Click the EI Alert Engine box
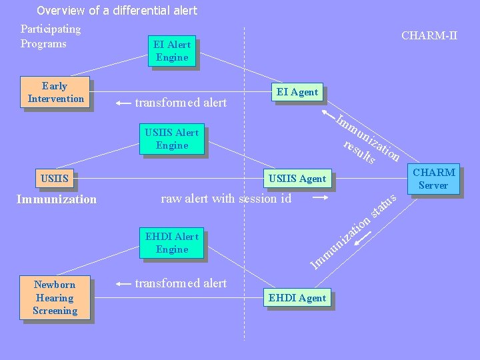pyautogui.click(x=172, y=51)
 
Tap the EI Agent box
pyautogui.click(x=297, y=92)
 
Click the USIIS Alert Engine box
pyautogui.click(x=172, y=139)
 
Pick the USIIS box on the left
pyautogui.click(x=55, y=178)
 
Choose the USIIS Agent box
pyautogui.click(x=297, y=178)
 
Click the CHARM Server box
pyautogui.click(x=434, y=179)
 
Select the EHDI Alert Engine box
pyautogui.click(x=172, y=243)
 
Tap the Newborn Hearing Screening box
pyautogui.click(x=55, y=297)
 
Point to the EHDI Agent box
pyautogui.click(x=297, y=298)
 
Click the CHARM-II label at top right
pyautogui.click(x=429, y=35)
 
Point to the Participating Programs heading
pyautogui.click(x=50, y=36)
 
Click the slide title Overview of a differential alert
pyautogui.click(x=117, y=11)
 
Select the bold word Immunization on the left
pyautogui.click(x=57, y=199)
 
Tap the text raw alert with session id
pyautogui.click(x=226, y=198)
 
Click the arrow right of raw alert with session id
pyautogui.click(x=321, y=198)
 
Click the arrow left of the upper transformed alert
pyautogui.click(x=123, y=103)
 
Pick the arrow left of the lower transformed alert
pyautogui.click(x=123, y=284)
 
